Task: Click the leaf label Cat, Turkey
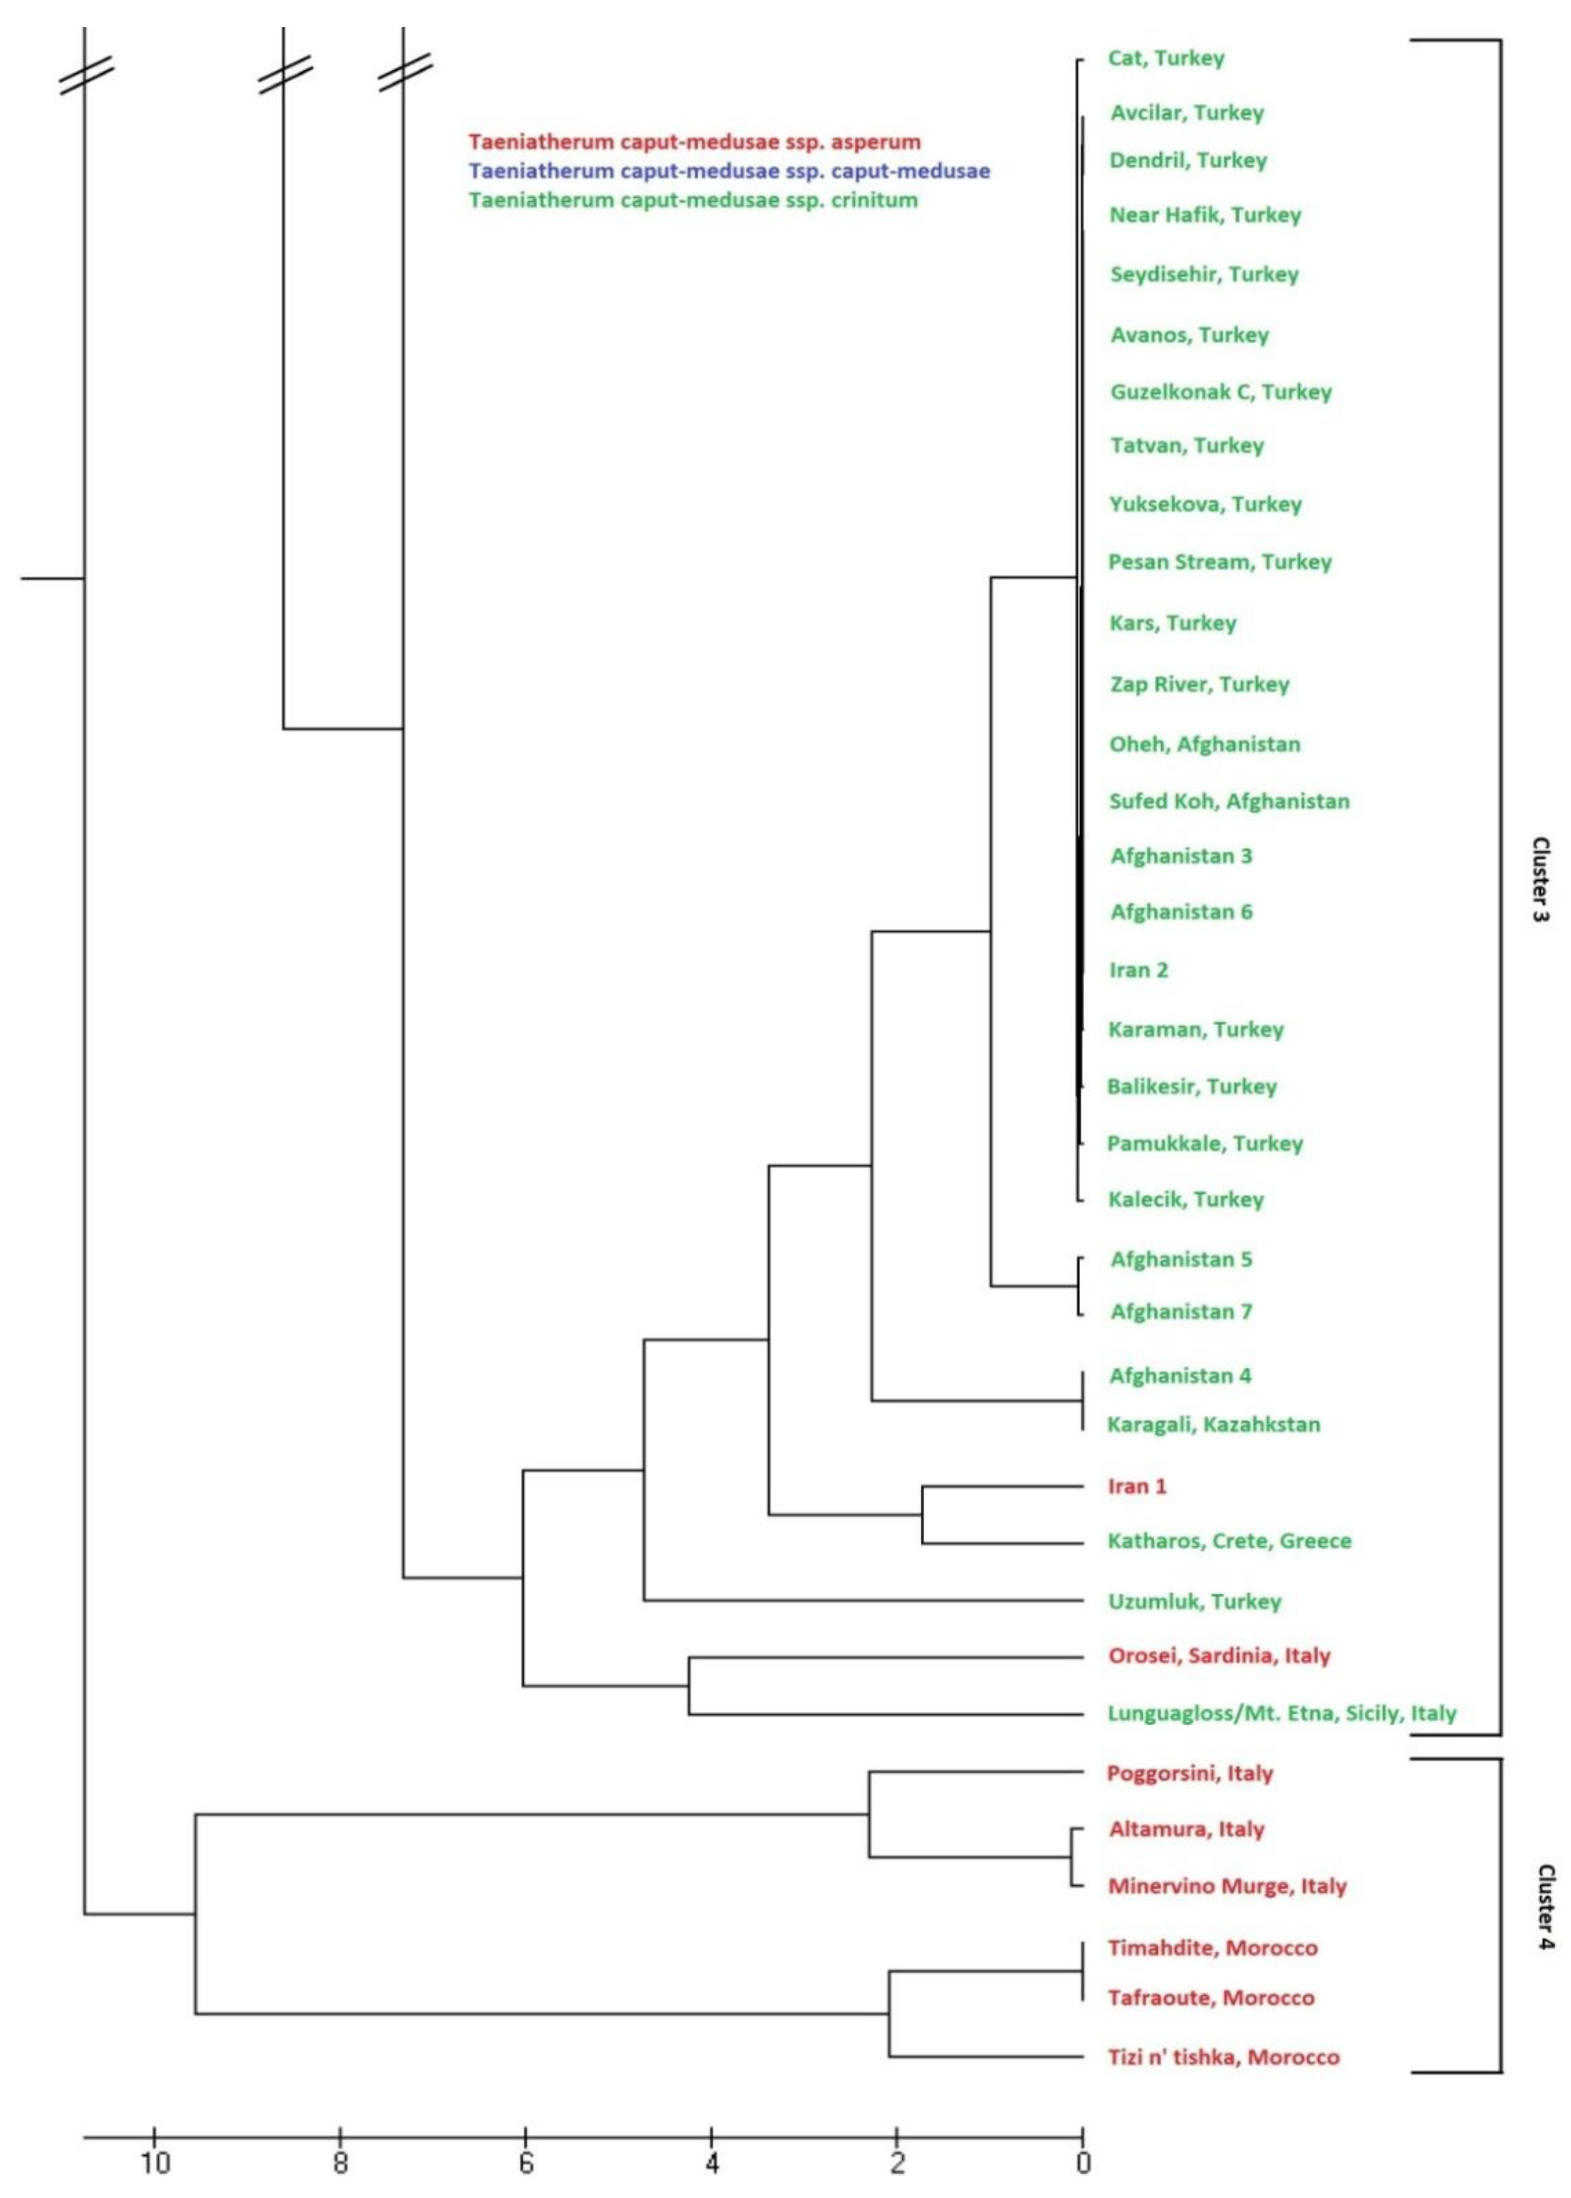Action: [x=1166, y=58]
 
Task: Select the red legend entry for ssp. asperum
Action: [x=694, y=142]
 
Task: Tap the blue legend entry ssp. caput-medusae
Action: [x=728, y=171]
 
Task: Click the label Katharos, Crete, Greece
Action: [x=1228, y=1541]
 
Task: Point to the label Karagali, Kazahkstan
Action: [x=1213, y=1424]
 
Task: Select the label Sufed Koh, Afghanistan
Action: [x=1228, y=801]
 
